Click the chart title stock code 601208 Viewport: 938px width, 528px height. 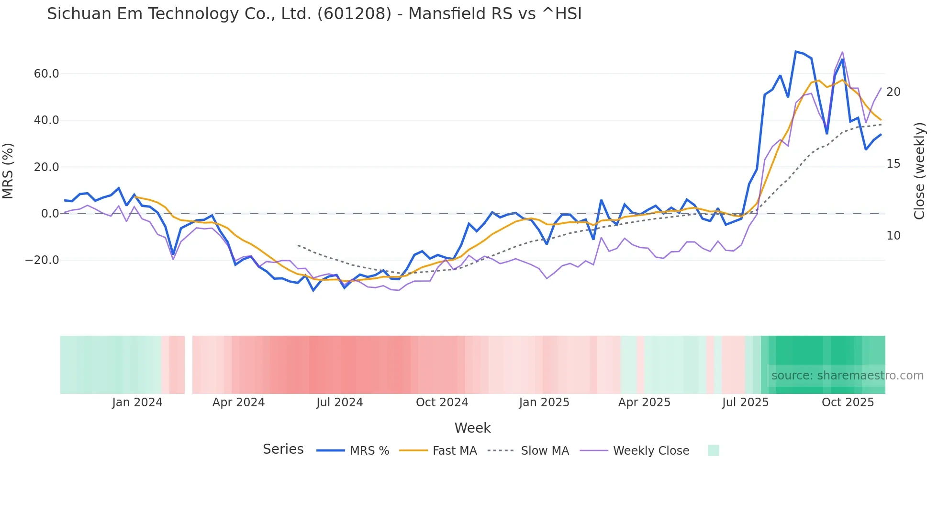(x=355, y=14)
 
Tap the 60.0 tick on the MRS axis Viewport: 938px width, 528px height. (x=46, y=74)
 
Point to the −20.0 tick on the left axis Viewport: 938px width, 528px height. (x=42, y=260)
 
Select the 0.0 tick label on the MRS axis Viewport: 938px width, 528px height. (x=50, y=214)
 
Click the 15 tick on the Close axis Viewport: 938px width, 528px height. (x=893, y=164)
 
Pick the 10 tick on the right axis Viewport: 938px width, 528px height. (x=893, y=236)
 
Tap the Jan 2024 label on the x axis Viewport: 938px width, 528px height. (x=137, y=402)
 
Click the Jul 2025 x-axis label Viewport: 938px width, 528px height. (x=745, y=402)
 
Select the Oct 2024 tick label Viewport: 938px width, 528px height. (x=442, y=402)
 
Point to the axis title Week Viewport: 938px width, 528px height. (x=472, y=428)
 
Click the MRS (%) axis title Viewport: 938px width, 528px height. (x=8, y=171)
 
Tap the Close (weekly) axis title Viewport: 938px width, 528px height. (x=919, y=171)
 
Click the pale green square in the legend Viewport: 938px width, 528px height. (x=713, y=450)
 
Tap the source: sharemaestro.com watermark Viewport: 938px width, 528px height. (x=847, y=376)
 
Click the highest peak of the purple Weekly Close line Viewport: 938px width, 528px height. (x=842, y=52)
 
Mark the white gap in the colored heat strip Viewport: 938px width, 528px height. (x=189, y=365)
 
